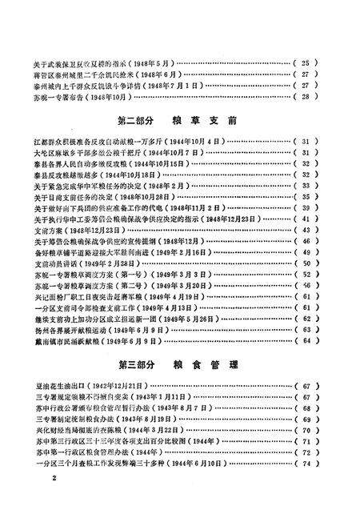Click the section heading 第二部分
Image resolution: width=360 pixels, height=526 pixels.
(135, 122)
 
